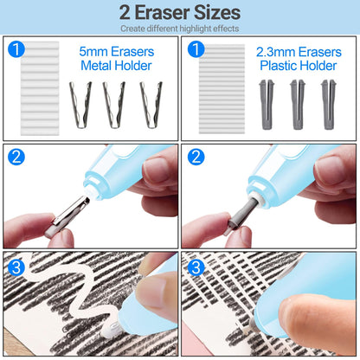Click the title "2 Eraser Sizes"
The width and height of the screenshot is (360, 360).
pos(180,12)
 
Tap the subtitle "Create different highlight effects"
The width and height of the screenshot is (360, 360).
pos(180,29)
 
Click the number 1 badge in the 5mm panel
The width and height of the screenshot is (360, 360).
pos(16,50)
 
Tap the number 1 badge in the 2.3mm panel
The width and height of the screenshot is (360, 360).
pos(197,50)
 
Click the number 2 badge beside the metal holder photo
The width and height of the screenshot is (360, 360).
pos(16,157)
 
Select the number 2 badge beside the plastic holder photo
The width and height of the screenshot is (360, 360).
pos(197,157)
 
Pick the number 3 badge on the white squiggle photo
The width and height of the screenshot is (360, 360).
pos(16,266)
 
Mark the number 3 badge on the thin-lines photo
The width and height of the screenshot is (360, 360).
pos(197,266)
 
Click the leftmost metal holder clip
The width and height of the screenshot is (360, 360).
pos(80,104)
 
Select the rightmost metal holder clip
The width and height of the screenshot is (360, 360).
pos(151,104)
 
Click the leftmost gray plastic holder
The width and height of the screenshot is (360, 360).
pos(265,104)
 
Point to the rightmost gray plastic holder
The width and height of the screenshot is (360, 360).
pos(327,104)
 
